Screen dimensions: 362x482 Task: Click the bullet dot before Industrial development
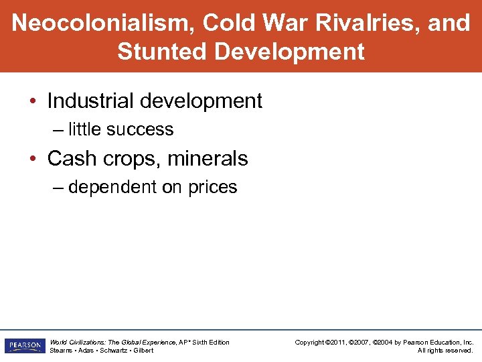click(33, 102)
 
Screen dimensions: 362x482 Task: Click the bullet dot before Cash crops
click(33, 160)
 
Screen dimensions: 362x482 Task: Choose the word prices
click(213, 187)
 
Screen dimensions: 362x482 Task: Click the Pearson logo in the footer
click(24, 346)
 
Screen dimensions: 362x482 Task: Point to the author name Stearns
click(62, 350)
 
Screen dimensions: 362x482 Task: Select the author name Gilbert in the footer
click(142, 350)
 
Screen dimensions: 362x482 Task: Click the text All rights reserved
click(445, 350)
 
